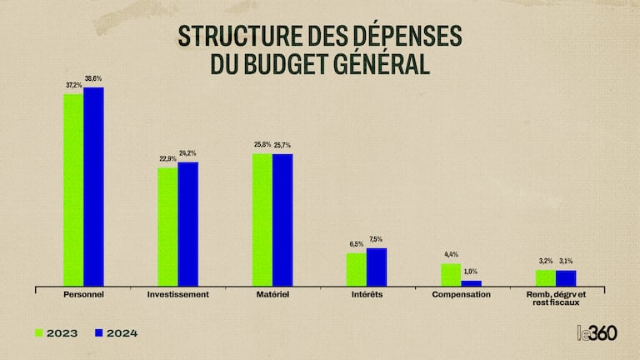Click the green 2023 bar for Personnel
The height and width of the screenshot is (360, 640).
click(x=73, y=189)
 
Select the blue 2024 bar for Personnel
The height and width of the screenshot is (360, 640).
click(x=93, y=186)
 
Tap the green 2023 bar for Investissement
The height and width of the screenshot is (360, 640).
click(x=167, y=227)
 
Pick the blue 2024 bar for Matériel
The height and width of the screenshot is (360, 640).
click(x=282, y=220)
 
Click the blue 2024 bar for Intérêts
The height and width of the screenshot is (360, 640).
click(x=377, y=267)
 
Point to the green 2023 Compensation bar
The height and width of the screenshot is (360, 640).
click(x=451, y=274)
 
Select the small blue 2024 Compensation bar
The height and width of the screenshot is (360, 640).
click(x=471, y=282)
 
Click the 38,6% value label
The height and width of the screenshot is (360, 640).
click(x=93, y=79)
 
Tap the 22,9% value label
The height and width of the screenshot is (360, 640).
click(x=167, y=159)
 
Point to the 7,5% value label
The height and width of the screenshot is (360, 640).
click(x=377, y=240)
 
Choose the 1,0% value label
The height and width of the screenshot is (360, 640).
click(x=471, y=272)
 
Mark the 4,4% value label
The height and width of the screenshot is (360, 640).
click(x=451, y=254)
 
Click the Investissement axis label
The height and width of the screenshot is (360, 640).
click(x=177, y=295)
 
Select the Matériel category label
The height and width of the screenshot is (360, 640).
click(x=272, y=295)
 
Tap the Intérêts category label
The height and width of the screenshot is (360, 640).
click(x=367, y=295)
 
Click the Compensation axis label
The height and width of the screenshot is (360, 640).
click(x=462, y=295)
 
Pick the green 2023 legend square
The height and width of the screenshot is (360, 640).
click(x=39, y=332)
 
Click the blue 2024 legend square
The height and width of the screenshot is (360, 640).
click(x=98, y=332)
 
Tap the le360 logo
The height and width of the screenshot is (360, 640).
click(x=597, y=332)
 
